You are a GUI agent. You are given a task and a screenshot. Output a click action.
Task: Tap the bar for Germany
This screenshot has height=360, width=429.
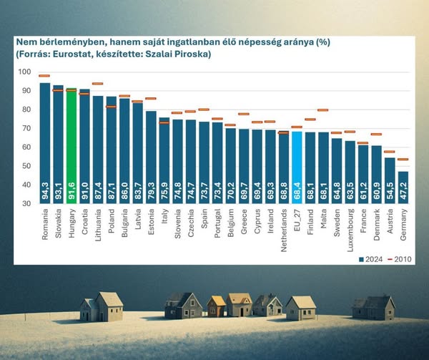pos(403,188)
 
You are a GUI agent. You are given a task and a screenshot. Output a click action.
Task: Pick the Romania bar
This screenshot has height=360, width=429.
pos(44,143)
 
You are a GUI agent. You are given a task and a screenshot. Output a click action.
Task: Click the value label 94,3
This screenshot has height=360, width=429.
pos(45,193)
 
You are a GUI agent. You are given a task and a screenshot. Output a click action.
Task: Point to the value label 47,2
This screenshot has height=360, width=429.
pos(403,193)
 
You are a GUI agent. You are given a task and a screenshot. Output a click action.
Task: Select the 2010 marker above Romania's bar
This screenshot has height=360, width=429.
pos(44,76)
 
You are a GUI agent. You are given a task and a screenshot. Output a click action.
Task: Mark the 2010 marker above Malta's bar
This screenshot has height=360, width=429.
pos(322,110)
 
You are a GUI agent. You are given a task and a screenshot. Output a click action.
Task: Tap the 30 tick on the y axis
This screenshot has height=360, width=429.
pos(26,203)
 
